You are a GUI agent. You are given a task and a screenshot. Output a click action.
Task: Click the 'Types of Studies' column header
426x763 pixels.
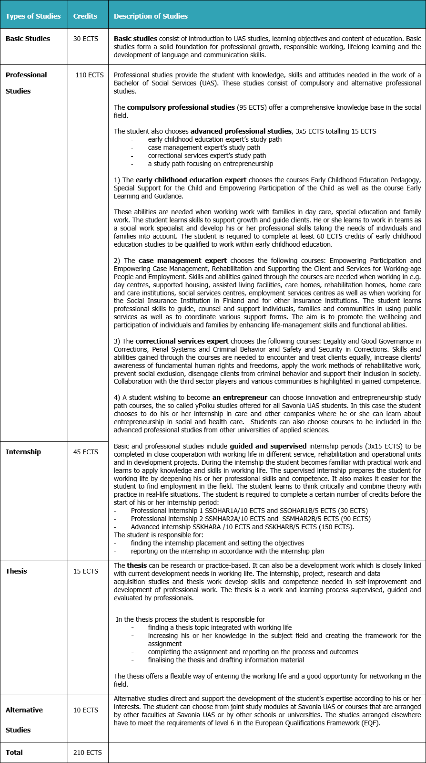33,16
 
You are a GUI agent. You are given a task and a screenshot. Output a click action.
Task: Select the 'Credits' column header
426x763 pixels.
85,16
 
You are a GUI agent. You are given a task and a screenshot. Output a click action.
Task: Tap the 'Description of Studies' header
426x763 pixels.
151,16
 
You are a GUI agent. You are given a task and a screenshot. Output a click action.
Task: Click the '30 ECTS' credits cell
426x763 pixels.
86,39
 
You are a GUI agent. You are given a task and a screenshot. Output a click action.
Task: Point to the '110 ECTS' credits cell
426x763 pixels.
89,75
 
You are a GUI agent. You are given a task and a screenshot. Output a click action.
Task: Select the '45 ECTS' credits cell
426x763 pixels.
86,452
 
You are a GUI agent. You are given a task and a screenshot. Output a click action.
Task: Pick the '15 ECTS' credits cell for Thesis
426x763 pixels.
86,571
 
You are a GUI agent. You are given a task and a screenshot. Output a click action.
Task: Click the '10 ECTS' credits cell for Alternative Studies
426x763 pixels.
86,710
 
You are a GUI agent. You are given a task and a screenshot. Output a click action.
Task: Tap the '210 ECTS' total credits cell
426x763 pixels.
88,753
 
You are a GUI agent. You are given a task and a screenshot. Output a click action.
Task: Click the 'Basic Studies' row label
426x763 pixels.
28,39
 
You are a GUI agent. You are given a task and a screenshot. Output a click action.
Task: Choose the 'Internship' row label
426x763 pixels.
23,452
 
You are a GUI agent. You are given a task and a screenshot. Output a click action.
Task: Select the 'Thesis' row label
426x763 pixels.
16,571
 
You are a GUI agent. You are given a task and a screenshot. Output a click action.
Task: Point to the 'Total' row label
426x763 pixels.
14,753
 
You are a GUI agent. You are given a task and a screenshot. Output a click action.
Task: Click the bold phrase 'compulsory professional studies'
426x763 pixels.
181,107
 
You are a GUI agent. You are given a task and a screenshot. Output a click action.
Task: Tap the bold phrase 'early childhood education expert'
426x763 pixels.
191,180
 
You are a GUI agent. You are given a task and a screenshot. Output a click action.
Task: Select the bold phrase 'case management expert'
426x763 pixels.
183,261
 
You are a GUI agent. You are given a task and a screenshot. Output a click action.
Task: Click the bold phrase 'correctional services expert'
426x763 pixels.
182,341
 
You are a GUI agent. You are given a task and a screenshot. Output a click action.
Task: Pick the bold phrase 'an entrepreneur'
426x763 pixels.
240,397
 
